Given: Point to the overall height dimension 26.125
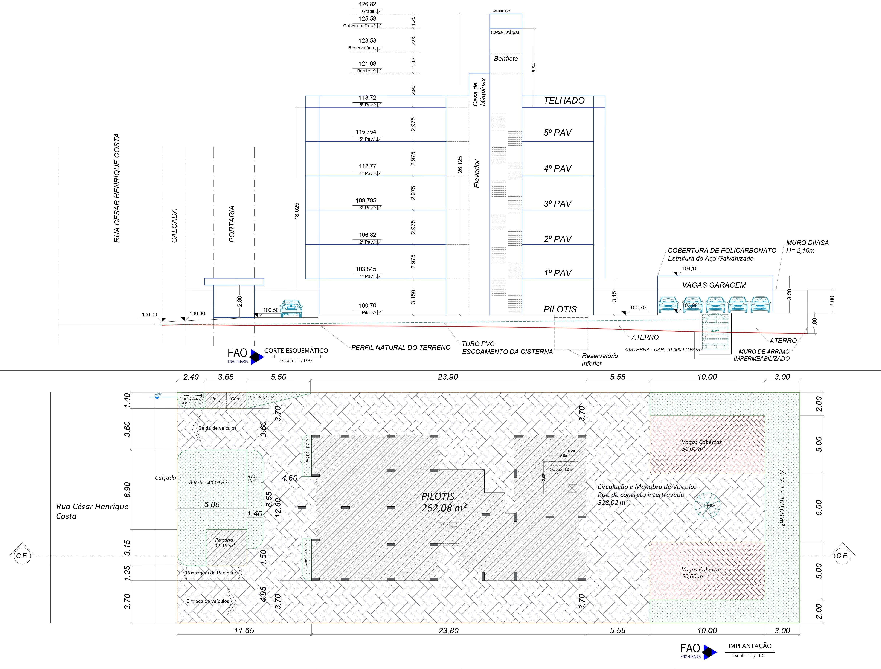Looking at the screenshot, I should [460, 164].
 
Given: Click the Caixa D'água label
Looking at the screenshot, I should [505, 32].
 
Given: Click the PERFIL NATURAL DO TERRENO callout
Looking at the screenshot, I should [401, 347].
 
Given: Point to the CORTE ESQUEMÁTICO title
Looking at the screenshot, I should [296, 351].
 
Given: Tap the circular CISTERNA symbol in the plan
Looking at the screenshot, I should [707, 506].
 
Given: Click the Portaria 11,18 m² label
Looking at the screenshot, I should [225, 543].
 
